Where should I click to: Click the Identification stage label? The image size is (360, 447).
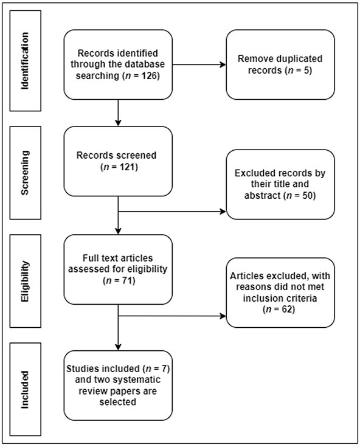pyautogui.click(x=25, y=61)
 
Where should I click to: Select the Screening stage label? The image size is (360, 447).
pyautogui.click(x=25, y=173)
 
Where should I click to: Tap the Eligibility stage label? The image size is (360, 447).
pyautogui.click(x=25, y=281)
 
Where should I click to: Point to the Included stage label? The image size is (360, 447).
pyautogui.click(x=25, y=390)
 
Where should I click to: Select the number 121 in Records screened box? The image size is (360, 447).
pyautogui.click(x=127, y=167)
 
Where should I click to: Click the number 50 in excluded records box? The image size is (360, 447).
pyautogui.click(x=307, y=196)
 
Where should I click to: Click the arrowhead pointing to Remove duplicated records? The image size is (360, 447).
pyautogui.click(x=223, y=64)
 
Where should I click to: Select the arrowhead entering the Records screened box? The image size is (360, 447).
pyautogui.click(x=118, y=123)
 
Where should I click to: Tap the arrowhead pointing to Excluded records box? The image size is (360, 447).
pyautogui.click(x=223, y=212)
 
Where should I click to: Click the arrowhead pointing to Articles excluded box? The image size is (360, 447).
pyautogui.click(x=223, y=316)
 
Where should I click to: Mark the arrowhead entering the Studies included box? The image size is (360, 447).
pyautogui.click(x=118, y=347)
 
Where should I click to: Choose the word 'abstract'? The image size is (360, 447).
pyautogui.click(x=263, y=196)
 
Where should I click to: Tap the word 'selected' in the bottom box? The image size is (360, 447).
pyautogui.click(x=118, y=402)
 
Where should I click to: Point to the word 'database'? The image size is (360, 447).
pyautogui.click(x=145, y=64)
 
